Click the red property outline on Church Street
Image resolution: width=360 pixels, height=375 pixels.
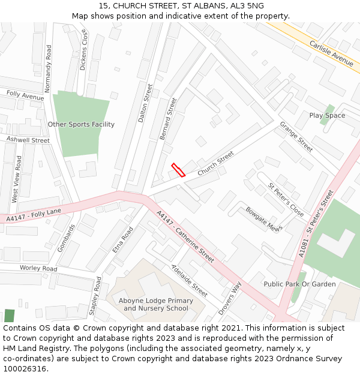(x=178, y=170)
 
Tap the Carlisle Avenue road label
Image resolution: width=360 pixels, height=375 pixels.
(x=331, y=52)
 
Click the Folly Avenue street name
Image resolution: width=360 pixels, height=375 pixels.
(x=25, y=95)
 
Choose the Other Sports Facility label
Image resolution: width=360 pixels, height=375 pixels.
(x=81, y=124)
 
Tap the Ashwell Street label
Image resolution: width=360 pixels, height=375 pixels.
(x=28, y=140)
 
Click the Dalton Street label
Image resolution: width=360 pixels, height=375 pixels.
(x=146, y=103)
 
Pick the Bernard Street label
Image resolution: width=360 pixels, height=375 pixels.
(x=169, y=119)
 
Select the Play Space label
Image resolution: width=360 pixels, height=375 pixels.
(x=327, y=115)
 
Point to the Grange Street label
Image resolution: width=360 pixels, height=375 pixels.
(x=296, y=136)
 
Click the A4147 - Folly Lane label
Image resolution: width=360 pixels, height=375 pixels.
(x=34, y=214)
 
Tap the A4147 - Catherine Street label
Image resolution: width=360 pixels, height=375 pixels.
(x=185, y=236)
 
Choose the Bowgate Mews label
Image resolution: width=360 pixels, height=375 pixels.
(x=263, y=219)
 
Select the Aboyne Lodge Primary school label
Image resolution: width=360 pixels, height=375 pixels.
(x=156, y=304)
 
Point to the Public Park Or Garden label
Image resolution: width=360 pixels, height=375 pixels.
(x=300, y=284)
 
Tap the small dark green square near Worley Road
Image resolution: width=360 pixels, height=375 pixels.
(x=9, y=316)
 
